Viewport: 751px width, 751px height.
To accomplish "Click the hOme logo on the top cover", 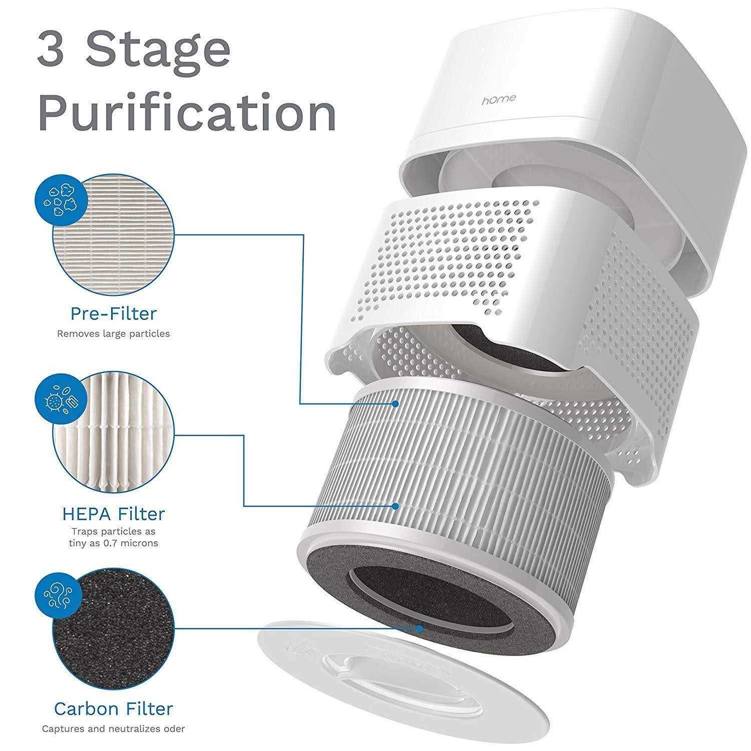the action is click(x=499, y=99).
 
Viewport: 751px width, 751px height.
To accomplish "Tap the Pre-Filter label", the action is click(x=113, y=314).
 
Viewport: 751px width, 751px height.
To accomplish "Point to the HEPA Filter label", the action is click(x=113, y=514).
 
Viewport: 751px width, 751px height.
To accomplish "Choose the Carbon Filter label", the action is click(x=113, y=708).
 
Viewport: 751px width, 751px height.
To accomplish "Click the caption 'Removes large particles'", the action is click(x=113, y=333).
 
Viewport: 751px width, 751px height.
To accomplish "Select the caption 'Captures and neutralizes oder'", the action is click(x=113, y=729).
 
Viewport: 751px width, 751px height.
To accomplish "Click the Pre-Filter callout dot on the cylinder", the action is click(x=396, y=404).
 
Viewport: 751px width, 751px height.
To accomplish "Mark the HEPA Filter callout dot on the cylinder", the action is click(x=396, y=506).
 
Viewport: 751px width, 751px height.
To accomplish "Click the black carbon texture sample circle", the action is click(x=113, y=628).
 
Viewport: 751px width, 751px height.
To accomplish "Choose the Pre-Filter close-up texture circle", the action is click(x=113, y=234).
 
